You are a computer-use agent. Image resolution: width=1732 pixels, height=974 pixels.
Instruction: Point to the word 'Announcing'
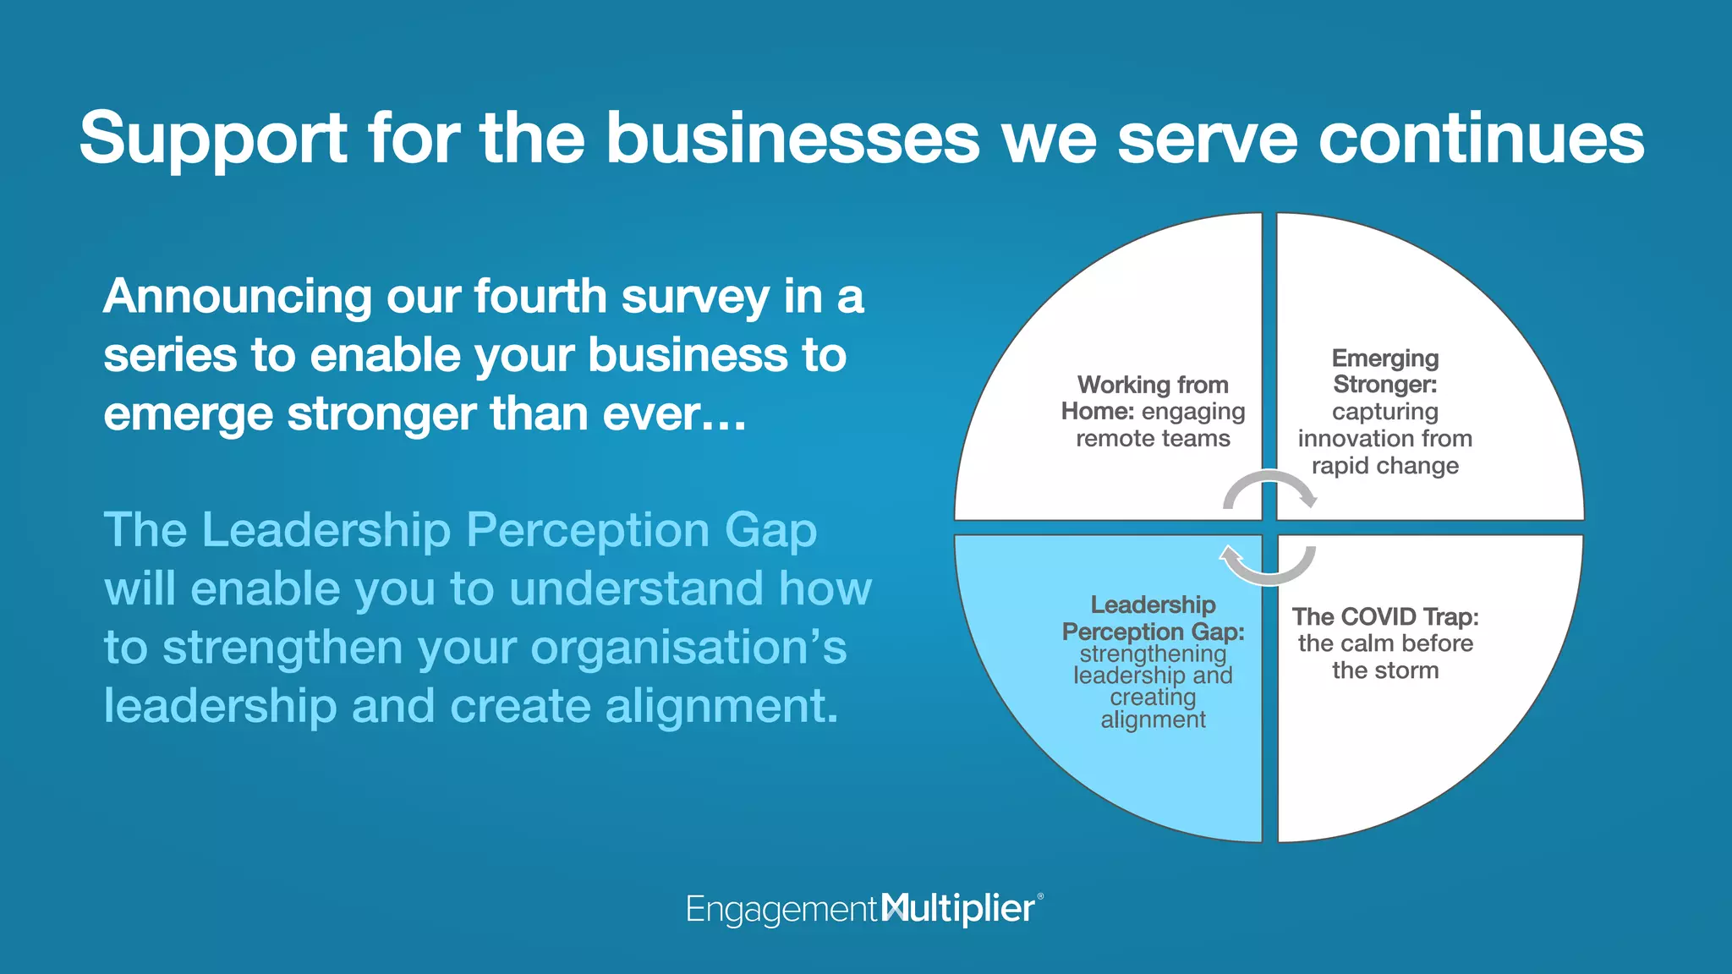coord(238,298)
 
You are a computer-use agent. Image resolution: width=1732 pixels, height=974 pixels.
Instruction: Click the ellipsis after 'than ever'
coord(726,416)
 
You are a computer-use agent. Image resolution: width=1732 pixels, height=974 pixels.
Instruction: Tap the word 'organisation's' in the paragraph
coord(688,648)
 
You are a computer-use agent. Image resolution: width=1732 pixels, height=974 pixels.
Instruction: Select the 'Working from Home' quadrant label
coord(1153,397)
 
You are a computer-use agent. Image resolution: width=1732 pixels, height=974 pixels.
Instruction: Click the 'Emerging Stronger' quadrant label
coord(1385,371)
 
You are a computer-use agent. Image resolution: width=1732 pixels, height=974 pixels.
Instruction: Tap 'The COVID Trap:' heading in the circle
coord(1385,616)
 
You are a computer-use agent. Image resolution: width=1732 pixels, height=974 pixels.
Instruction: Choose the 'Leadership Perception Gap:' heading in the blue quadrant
coord(1153,618)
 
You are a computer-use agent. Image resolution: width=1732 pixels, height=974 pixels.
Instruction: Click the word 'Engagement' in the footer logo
coord(781,910)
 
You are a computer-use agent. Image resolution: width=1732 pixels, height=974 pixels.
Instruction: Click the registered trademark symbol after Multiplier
coord(1040,896)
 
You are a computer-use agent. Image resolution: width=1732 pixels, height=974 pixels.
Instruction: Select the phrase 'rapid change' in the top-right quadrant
coord(1385,466)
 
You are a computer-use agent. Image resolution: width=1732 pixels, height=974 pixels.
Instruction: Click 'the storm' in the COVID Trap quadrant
coord(1385,670)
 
